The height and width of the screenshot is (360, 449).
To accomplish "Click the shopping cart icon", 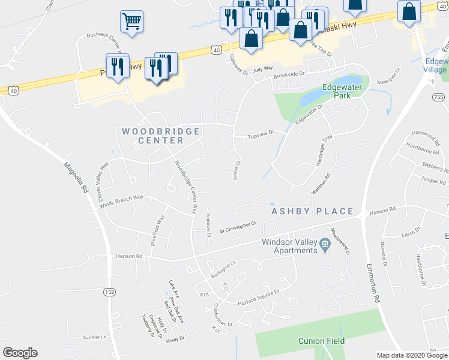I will [x=131, y=22].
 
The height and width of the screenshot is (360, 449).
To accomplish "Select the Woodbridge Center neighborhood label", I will [x=152, y=136].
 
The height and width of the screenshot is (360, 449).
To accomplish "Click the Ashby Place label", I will [x=312, y=212].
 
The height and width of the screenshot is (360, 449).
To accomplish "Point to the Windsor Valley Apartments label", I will [x=288, y=246].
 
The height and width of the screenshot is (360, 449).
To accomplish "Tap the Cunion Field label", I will [x=322, y=341].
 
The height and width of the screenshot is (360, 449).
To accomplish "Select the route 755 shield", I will [x=438, y=97].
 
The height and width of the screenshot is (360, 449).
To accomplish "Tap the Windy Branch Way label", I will [x=122, y=200].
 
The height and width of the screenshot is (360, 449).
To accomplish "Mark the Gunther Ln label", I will [x=94, y=337].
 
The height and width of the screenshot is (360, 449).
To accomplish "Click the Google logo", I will [x=20, y=353].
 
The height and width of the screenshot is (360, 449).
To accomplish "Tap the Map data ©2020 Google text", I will [x=412, y=355].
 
